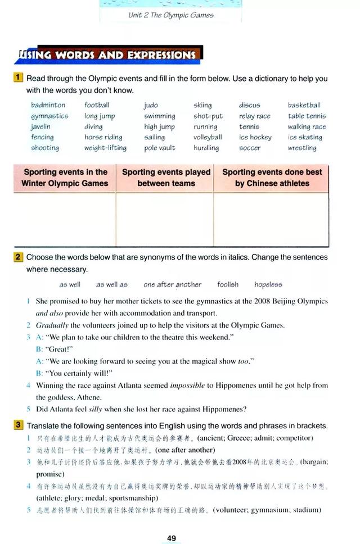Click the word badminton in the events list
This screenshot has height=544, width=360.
[x=48, y=105]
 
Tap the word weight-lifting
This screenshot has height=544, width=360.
[x=105, y=148]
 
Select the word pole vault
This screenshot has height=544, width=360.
[x=159, y=148]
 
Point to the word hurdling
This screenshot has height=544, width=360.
[x=206, y=148]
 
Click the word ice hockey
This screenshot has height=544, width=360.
[x=255, y=138]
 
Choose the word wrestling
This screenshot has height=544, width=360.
[x=302, y=148]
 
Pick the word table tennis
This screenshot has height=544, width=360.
[x=307, y=116]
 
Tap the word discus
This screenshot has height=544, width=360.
[x=249, y=105]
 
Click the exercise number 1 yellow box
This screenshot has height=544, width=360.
[x=19, y=78]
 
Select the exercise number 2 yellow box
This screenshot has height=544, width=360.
[x=19, y=257]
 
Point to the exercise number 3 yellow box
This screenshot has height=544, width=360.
[x=19, y=425]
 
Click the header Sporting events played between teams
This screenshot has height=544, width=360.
[x=166, y=178]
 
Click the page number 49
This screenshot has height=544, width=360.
[x=172, y=538]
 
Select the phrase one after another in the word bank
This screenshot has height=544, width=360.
[x=172, y=284]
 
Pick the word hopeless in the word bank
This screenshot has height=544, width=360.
[x=268, y=284]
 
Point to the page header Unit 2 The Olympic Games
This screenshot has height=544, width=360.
[x=171, y=15]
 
